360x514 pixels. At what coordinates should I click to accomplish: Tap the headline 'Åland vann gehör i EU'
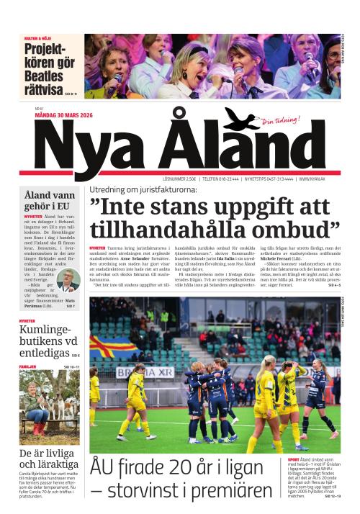50,200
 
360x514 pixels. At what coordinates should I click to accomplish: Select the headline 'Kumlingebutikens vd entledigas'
47,341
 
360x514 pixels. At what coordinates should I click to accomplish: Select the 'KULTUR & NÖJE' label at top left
39,37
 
